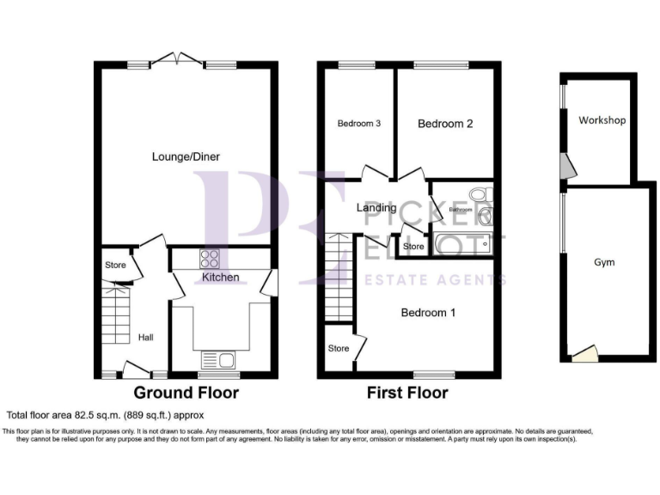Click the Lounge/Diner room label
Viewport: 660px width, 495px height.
click(x=186, y=156)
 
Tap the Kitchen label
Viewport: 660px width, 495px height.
click(x=220, y=277)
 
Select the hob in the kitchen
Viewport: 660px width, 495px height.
click(x=210, y=258)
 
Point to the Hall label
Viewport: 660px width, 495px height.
click(x=145, y=338)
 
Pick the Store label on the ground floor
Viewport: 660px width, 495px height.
click(x=115, y=265)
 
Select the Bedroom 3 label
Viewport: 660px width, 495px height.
click(x=358, y=124)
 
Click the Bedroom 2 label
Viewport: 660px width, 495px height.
click(x=445, y=124)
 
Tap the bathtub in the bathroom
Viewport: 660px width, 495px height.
click(x=461, y=244)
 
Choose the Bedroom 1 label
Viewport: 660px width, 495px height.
click(x=428, y=312)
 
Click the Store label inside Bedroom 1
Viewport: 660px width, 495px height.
click(x=339, y=349)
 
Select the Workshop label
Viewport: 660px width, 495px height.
click(x=601, y=120)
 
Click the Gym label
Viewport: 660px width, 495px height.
click(x=604, y=262)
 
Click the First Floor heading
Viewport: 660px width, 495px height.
click(x=407, y=393)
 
